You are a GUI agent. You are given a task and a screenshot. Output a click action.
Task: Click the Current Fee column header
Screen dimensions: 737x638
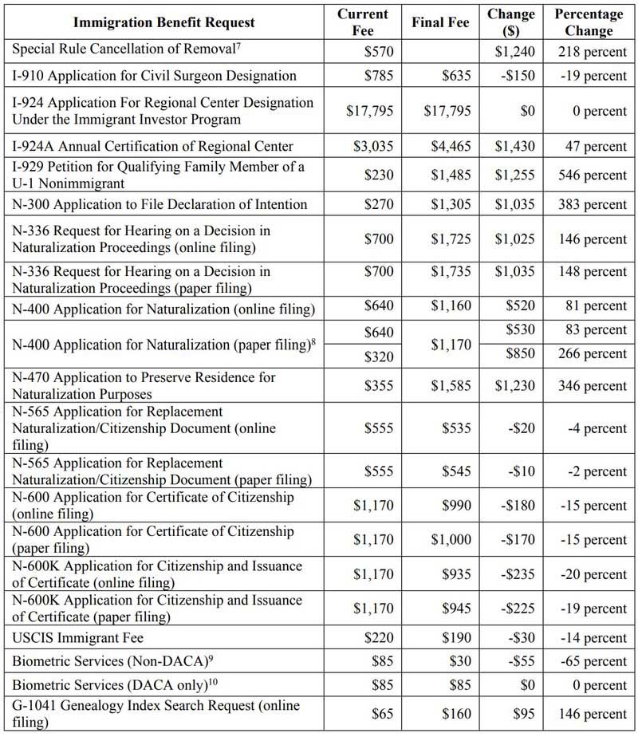[363, 22]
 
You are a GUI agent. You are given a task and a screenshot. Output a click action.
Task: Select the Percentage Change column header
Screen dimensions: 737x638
[591, 22]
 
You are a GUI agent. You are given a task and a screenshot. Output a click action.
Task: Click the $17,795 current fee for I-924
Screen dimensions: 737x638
[370, 111]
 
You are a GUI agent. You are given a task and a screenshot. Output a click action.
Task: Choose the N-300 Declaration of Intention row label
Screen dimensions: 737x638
[159, 205]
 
